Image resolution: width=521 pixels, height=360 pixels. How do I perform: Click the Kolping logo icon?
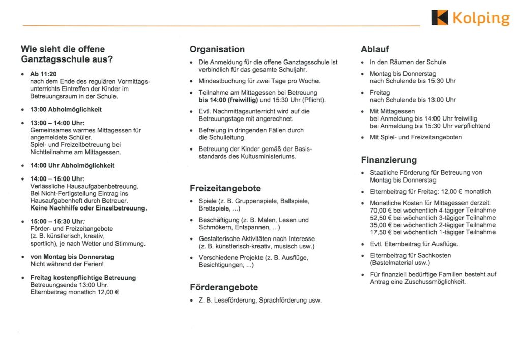tap(440, 18)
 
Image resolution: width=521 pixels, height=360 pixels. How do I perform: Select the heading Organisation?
tap(217, 49)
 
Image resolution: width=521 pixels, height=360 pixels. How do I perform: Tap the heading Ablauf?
tap(375, 49)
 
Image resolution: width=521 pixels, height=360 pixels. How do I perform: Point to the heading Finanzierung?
tap(389, 160)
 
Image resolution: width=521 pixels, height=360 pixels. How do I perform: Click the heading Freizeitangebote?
tap(225, 188)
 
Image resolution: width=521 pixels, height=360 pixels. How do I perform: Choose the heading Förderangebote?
tap(223, 287)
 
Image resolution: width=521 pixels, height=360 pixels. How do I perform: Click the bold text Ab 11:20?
tap(43, 74)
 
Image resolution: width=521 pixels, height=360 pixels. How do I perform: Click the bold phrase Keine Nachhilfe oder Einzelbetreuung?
tap(88, 208)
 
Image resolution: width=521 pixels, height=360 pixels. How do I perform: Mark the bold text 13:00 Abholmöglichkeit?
tap(66, 109)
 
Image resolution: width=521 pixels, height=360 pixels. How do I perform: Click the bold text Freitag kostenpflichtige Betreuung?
tap(83, 278)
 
